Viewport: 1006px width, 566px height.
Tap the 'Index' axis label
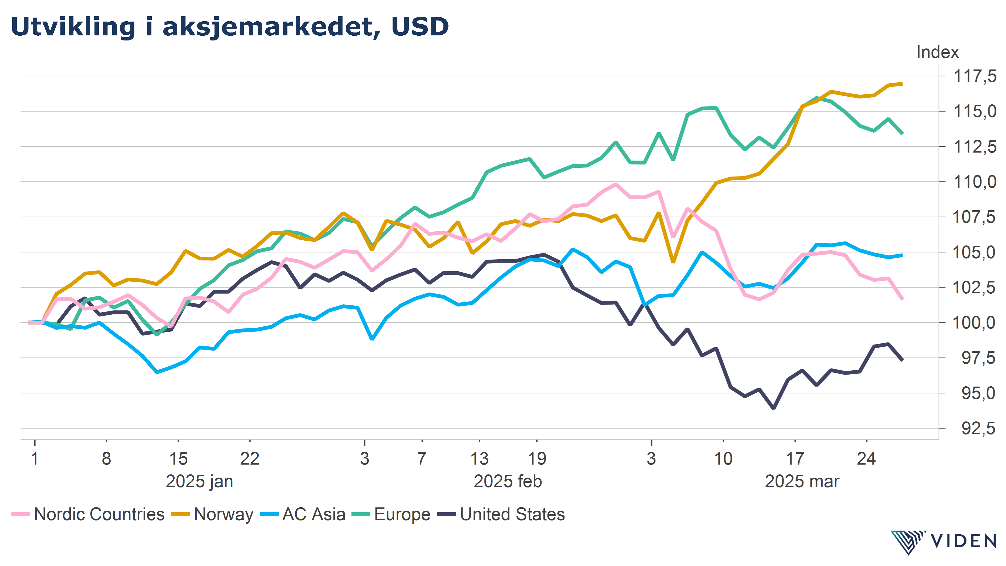tap(937, 52)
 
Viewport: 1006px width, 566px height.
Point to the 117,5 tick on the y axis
tap(975, 76)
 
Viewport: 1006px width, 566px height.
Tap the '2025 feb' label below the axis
tap(508, 481)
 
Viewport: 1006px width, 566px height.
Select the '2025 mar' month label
tap(802, 481)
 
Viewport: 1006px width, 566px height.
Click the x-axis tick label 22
tap(250, 459)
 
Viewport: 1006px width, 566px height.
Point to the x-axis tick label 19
tap(537, 459)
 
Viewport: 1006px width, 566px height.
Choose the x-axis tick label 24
tap(866, 459)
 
